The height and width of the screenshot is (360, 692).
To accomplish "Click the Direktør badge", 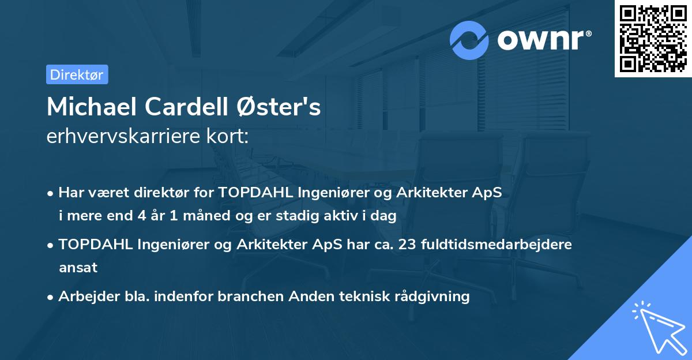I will coord(77,74).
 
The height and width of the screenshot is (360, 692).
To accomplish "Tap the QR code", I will coord(653,39).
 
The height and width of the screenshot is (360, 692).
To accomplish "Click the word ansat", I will coord(78,268).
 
